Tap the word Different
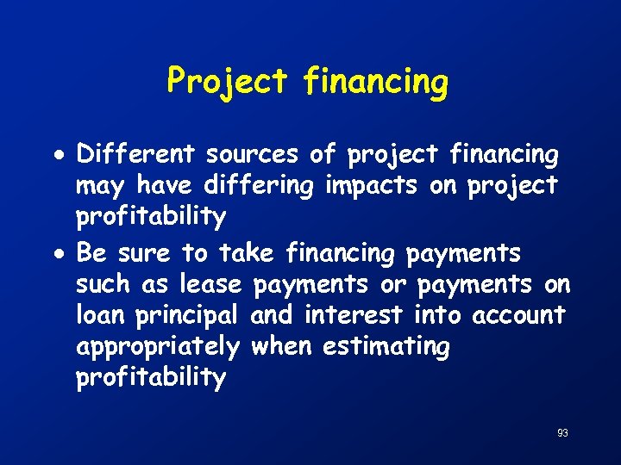point(136,155)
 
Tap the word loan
point(101,315)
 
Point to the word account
point(518,315)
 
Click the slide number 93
point(562,433)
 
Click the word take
point(246,253)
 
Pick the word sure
point(144,254)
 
